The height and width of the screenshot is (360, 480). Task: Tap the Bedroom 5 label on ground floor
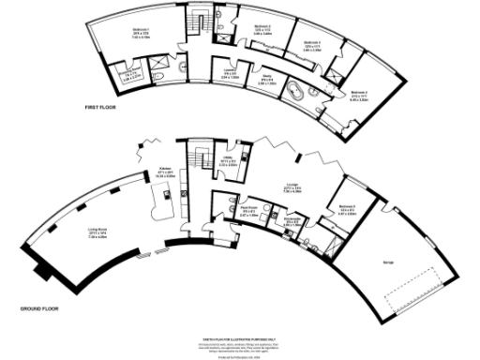[346, 206]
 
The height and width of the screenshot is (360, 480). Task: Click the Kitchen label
[166, 159]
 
